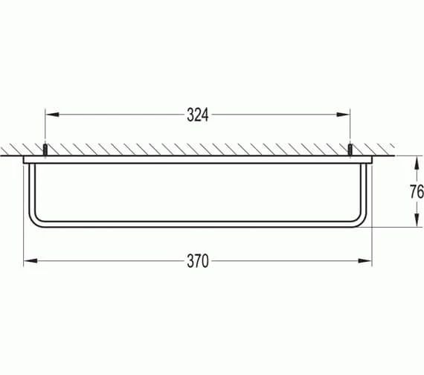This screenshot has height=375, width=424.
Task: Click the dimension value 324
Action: point(196,115)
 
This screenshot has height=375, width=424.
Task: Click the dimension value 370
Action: point(197,260)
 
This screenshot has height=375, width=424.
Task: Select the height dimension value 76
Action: point(416,191)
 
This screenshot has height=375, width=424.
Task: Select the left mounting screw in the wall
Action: point(46,150)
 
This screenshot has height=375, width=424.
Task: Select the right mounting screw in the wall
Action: point(350,150)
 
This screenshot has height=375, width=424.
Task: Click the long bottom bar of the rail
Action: point(197,224)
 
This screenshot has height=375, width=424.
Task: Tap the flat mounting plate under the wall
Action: point(197,159)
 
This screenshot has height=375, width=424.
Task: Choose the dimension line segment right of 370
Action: point(290,260)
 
